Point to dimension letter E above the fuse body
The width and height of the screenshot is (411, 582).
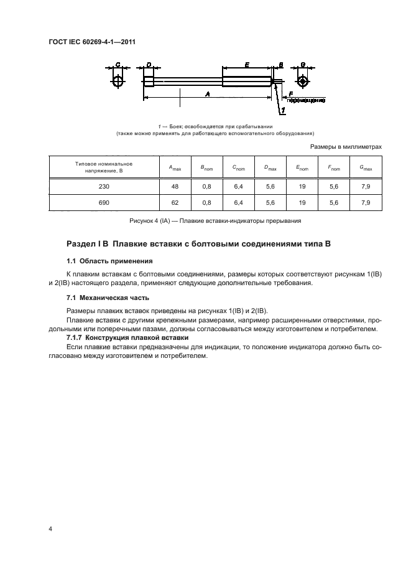pos(247,65)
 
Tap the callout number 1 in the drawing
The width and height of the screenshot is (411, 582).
pos(284,110)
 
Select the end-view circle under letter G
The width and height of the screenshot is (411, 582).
pos(303,82)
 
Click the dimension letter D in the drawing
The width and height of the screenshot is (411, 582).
pos(149,65)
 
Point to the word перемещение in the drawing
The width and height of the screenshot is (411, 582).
pos(306,100)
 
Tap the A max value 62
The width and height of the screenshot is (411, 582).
pos(175,203)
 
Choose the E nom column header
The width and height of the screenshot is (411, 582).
pos(302,167)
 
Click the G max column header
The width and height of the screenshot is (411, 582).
pos(365,167)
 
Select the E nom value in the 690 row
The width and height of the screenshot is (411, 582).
pos(302,203)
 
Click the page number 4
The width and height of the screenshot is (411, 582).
pos(50,528)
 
